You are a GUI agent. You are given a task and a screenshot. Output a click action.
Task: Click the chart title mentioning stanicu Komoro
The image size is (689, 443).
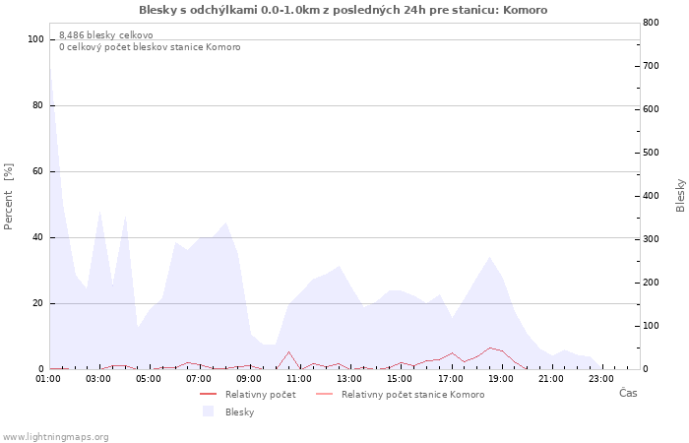(x=344, y=10)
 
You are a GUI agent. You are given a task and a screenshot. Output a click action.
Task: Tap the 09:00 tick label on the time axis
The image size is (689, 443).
(x=249, y=379)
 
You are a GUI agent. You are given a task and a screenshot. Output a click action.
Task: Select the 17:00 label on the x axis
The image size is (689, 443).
(x=451, y=379)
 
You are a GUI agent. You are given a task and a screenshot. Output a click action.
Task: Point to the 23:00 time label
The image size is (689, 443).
(x=601, y=379)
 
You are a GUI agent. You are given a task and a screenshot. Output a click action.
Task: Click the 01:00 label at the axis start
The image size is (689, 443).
(x=48, y=379)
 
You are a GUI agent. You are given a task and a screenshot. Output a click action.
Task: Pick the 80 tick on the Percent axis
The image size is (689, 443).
(x=37, y=105)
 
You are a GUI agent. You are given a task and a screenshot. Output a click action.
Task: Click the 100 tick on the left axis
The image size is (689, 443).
(x=35, y=39)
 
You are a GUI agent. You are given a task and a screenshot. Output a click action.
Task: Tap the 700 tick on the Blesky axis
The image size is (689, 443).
(x=652, y=66)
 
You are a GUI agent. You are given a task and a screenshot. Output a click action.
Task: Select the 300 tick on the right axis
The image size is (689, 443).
(x=652, y=239)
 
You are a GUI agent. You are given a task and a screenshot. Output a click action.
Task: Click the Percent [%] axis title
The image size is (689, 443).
(x=8, y=197)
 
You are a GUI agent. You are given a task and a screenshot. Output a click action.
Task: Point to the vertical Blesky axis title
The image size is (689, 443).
(x=680, y=196)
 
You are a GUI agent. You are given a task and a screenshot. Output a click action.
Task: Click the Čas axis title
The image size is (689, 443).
(x=628, y=393)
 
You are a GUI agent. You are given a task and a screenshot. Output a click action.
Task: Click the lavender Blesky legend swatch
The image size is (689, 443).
(x=208, y=411)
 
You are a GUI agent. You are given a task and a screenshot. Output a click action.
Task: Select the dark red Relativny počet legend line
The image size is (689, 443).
(x=208, y=394)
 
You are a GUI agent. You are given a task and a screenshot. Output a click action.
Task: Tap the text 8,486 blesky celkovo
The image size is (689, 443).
(x=106, y=35)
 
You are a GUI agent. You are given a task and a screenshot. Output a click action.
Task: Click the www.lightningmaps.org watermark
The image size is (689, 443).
(x=55, y=437)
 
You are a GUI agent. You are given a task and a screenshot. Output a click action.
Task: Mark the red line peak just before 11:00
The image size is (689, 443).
(x=288, y=351)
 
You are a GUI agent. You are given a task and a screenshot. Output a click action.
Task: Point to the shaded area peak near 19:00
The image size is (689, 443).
(x=489, y=257)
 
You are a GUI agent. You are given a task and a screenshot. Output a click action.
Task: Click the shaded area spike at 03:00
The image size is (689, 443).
(x=100, y=212)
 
